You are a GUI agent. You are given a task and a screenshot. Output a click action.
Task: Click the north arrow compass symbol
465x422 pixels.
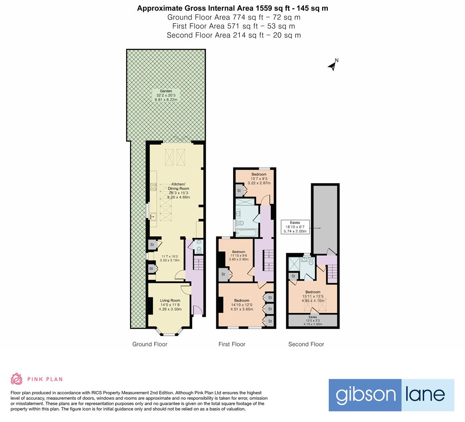tap(332, 65)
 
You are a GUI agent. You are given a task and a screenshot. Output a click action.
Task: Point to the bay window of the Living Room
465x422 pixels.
tap(170, 333)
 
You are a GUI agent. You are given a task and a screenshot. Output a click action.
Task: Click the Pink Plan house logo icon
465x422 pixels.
tap(16, 379)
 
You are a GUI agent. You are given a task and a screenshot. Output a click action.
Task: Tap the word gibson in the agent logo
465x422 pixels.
tap(365, 395)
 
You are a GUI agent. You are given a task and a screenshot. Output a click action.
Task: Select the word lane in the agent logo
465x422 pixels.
tap(427, 395)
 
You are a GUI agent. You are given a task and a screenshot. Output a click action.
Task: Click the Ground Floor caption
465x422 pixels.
tap(150, 344)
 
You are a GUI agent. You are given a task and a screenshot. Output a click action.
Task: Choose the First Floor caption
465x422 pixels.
tap(232, 344)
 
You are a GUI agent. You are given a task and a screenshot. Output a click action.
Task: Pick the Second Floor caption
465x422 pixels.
tap(306, 344)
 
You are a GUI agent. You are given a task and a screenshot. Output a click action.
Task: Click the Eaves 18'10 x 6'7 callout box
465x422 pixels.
tap(295, 227)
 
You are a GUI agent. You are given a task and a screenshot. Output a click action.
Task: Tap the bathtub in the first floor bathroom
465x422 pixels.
tap(246, 233)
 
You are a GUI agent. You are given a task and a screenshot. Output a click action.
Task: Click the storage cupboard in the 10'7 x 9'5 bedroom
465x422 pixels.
tap(239, 191)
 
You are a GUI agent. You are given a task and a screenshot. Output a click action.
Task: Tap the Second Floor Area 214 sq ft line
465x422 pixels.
tap(233, 35)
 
